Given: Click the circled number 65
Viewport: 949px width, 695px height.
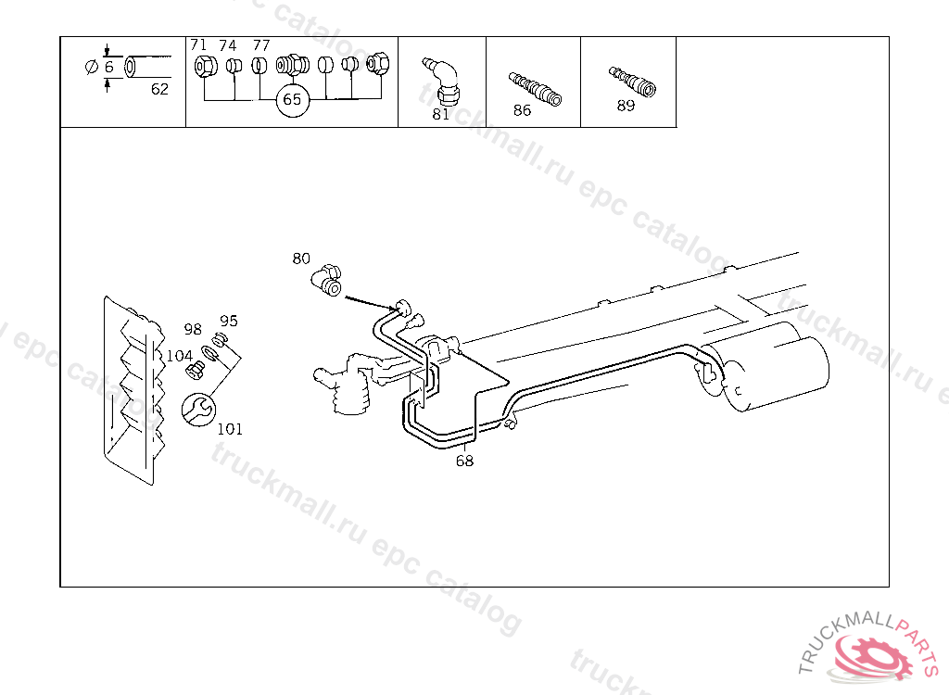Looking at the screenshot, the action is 292,100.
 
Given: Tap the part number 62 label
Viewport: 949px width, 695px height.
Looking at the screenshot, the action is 159,89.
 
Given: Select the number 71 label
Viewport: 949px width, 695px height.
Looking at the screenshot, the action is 198,44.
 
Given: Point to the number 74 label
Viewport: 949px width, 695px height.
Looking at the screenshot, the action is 228,45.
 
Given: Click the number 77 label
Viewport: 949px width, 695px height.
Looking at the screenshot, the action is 261,45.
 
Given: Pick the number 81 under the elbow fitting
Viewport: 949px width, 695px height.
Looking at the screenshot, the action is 441,114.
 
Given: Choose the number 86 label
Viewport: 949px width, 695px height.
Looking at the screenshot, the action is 522,110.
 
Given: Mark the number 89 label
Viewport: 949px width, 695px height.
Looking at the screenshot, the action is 626,106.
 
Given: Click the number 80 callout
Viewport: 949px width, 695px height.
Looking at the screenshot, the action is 301,259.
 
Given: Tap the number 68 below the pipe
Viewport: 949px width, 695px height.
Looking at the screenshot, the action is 465,461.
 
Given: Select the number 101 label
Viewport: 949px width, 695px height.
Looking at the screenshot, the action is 230,429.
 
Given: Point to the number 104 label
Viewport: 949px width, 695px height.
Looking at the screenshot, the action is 179,356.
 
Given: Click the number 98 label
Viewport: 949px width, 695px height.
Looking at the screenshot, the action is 193,329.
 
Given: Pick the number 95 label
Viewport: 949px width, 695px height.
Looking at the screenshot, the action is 229,321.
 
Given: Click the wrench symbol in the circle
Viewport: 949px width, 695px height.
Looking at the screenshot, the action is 198,410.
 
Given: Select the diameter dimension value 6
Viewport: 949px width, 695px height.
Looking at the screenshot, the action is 109,67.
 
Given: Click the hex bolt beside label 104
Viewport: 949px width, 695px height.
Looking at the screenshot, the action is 195,370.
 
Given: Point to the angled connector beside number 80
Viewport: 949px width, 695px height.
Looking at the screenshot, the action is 327,280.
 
